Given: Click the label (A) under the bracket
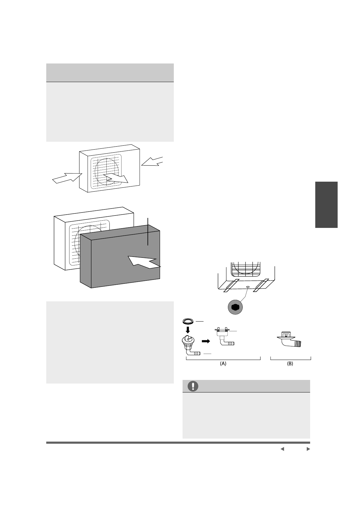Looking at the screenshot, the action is [223, 364].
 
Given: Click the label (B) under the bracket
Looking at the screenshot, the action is [290, 364].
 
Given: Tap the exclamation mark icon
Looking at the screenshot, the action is [193, 386].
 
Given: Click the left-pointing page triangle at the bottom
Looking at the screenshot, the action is [282, 449].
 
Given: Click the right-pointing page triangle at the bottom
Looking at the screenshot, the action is [308, 449].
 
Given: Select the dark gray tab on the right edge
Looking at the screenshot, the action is [326, 205].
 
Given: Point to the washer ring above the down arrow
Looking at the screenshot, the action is [188, 321].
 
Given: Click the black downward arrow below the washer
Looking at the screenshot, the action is [188, 329].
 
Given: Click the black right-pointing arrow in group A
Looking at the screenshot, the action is [206, 341].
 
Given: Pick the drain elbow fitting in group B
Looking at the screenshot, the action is [291, 340].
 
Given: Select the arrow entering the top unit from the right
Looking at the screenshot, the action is [153, 162].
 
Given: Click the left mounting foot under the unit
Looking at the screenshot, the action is [230, 285].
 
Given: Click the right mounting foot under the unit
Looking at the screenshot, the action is [261, 285].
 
